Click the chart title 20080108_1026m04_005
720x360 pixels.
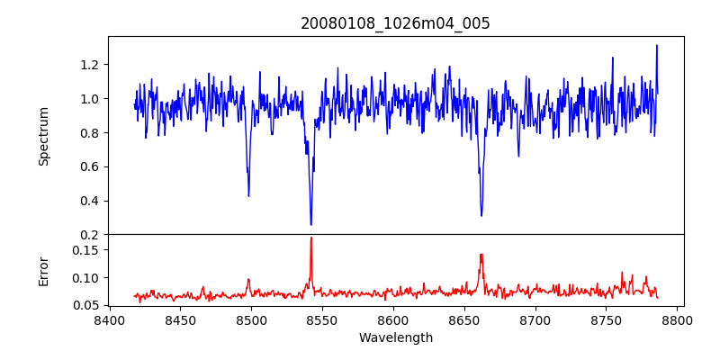coord(395,23)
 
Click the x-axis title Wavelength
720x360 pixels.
coord(395,337)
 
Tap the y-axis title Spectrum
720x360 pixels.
coord(43,136)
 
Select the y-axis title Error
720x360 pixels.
coord(43,271)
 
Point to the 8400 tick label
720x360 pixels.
coord(109,319)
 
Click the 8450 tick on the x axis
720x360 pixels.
coord(180,319)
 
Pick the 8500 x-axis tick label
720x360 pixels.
coord(251,319)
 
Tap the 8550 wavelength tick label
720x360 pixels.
coord(322,319)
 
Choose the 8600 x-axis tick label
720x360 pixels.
coord(393,319)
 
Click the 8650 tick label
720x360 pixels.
coord(464,319)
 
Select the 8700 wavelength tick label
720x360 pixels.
coord(535,319)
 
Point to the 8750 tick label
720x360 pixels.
coord(607,319)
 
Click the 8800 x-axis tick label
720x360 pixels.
coord(678,319)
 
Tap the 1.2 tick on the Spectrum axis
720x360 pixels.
coord(90,65)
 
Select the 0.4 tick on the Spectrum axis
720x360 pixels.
coord(90,201)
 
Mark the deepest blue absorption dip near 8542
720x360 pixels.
coord(310,224)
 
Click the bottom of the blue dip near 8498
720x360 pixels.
coord(248,195)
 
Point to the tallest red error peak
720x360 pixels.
coord(310,238)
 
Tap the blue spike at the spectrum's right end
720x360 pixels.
coord(656,46)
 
